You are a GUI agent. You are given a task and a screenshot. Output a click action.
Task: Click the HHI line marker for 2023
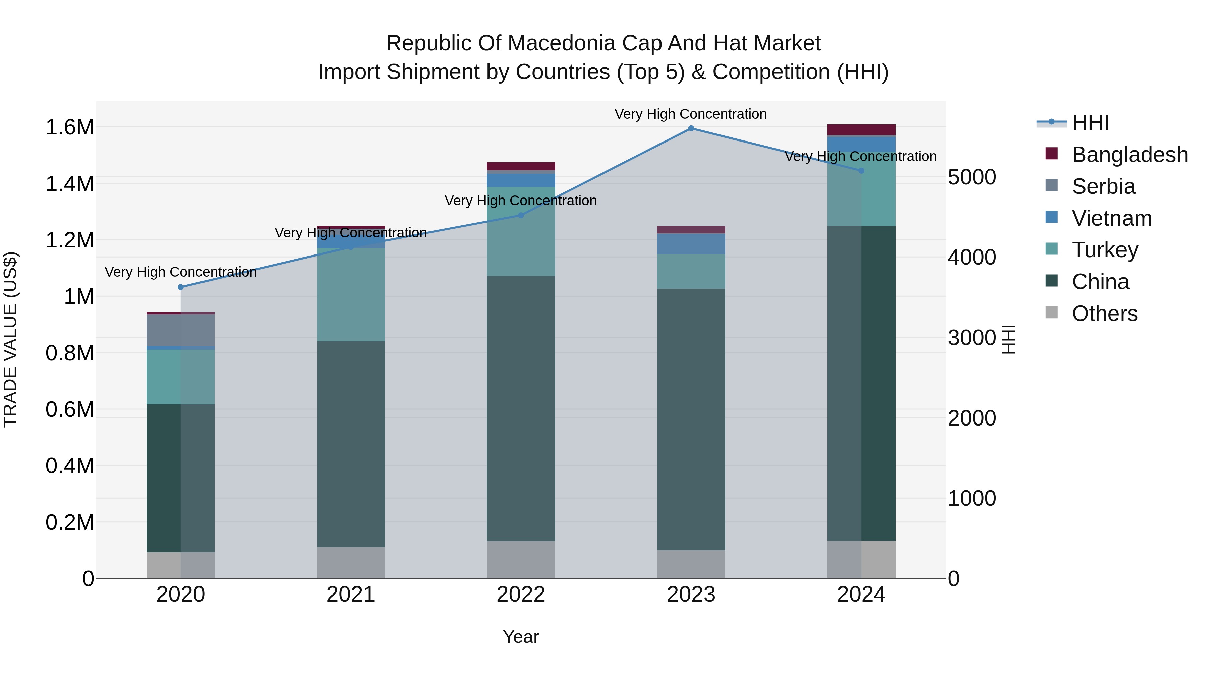tap(691, 128)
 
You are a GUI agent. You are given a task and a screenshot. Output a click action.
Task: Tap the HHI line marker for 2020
tap(180, 287)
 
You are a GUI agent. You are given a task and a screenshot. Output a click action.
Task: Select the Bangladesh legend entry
tap(1129, 155)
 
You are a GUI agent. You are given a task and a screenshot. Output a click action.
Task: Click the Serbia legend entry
tap(1103, 186)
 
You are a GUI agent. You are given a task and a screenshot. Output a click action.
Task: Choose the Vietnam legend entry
tap(1111, 218)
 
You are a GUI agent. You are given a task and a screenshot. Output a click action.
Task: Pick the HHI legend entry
tap(1090, 123)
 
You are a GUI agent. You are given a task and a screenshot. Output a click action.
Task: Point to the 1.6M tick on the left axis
tap(69, 127)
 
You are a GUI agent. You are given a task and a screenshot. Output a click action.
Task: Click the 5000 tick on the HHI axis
tap(972, 178)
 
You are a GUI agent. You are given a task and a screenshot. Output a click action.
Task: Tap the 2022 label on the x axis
tap(521, 595)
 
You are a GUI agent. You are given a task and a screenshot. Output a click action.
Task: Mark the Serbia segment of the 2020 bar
tap(180, 330)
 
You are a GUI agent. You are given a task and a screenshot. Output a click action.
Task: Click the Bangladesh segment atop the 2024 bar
tap(861, 130)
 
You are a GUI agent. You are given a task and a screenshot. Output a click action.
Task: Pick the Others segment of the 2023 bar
tap(691, 564)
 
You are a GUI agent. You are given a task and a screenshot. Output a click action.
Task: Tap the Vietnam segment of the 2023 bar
tap(691, 244)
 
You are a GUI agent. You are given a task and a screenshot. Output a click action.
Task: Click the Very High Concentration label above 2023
tap(691, 114)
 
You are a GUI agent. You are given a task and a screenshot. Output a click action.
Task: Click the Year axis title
tap(521, 637)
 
